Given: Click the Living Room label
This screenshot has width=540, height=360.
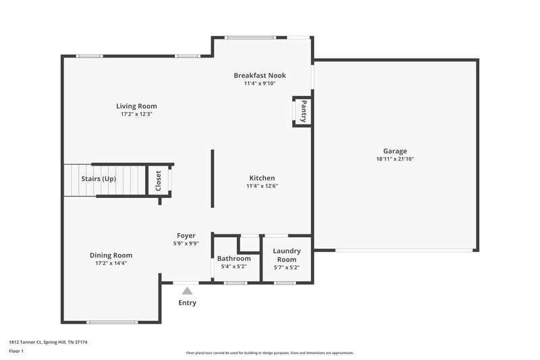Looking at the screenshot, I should point(136,106).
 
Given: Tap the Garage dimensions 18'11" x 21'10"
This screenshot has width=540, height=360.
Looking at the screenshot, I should point(395,159).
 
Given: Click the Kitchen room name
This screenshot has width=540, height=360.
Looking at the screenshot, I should point(262,178).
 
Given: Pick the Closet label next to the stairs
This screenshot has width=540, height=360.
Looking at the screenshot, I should point(159,181).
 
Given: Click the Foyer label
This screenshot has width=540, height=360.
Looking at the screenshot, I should point(186,236).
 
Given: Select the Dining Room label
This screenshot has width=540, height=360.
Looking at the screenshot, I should point(111,255).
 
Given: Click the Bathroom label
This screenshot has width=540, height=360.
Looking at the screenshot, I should point(234,259).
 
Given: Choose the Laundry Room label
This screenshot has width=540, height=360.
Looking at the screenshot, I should point(287,255).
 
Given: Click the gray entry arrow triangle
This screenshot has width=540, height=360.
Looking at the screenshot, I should point(187,290).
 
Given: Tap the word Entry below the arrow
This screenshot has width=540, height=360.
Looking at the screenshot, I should point(187,303).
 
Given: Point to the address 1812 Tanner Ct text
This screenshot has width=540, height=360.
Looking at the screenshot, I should point(48,342).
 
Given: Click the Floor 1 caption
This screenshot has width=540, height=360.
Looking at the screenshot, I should point(17,351).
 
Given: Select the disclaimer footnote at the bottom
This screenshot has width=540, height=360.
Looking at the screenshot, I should point(269,353).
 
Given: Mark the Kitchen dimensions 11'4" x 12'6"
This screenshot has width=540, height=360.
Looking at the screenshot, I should point(262,186).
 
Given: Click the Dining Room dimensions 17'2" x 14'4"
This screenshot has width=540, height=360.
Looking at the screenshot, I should point(111,263).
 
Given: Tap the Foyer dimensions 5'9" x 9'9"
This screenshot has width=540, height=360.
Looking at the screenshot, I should point(186,244).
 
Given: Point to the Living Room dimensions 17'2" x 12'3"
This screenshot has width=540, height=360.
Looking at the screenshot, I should point(136,114).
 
